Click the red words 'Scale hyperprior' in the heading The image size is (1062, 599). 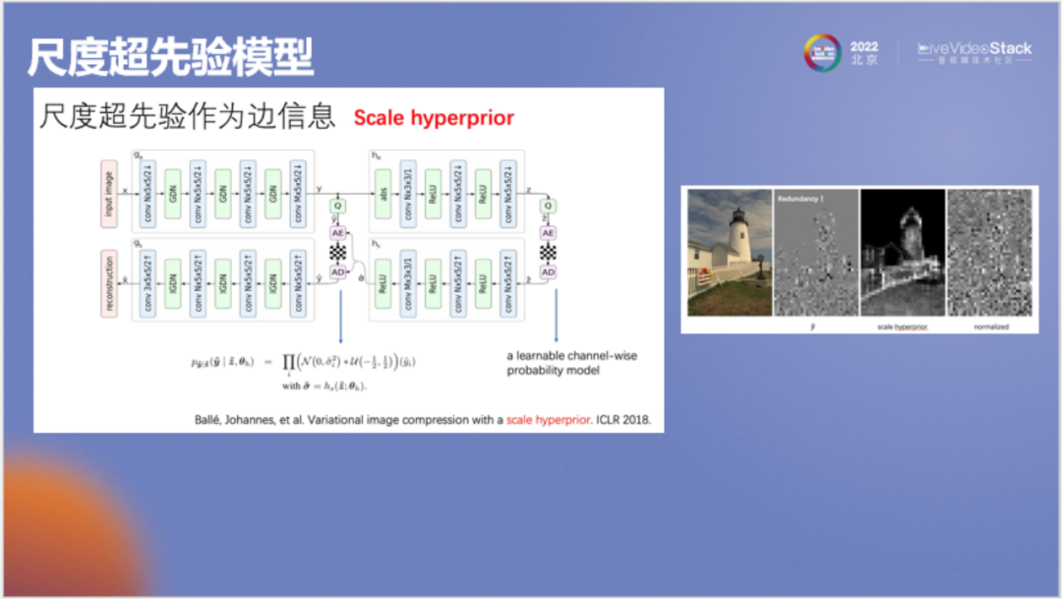coord(434,119)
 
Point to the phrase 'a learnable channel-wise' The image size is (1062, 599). coord(571,355)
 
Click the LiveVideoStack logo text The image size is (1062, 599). coord(975,48)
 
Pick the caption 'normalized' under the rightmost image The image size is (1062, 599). coord(990,327)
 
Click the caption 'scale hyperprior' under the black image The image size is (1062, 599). coord(901,327)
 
